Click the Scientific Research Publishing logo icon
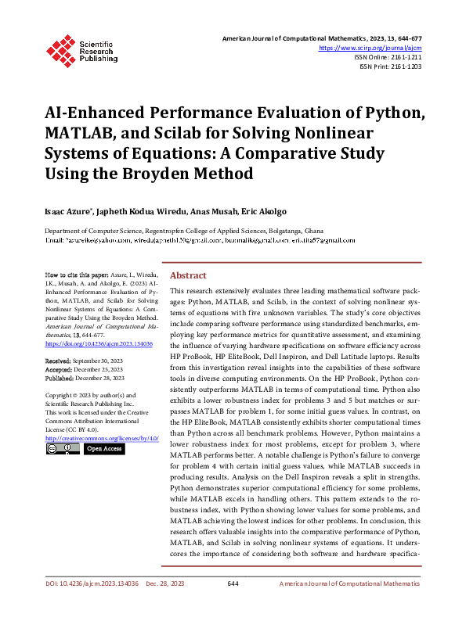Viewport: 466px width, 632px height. coord(59,48)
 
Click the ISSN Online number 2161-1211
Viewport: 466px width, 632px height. coord(404,57)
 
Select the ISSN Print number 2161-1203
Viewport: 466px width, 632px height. coord(404,66)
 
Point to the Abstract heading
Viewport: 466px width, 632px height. coord(188,275)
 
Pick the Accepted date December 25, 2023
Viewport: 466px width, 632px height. coord(101,369)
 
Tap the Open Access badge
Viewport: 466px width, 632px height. coord(103,449)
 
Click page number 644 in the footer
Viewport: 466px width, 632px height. coord(233,606)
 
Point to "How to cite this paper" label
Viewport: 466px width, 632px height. coord(75,276)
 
